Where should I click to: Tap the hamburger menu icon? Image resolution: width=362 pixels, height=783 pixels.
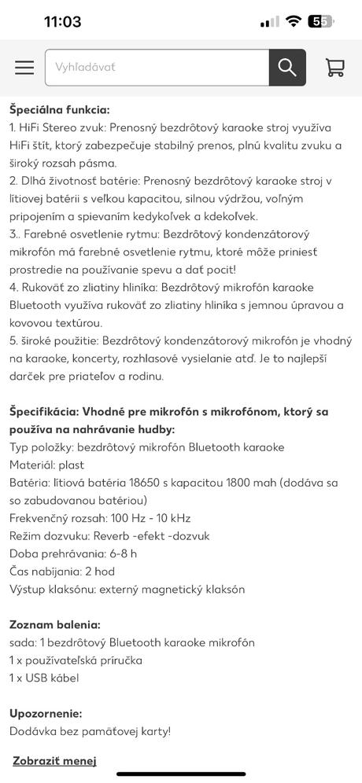[24, 68]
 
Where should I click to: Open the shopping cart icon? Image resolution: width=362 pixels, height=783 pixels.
[335, 68]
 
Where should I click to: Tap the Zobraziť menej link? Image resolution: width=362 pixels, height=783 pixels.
[54, 760]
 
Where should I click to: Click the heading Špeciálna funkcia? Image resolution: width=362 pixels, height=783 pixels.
[60, 109]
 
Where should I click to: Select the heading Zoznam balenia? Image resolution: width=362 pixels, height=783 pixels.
[55, 624]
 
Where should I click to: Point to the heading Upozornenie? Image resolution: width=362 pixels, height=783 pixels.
[46, 713]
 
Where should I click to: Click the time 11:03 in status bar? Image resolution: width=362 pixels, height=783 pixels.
[63, 21]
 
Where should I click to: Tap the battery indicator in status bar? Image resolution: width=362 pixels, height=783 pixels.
[320, 21]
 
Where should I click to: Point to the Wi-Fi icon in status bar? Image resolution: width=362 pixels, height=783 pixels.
[293, 21]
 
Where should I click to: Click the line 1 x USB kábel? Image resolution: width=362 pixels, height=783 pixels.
[44, 678]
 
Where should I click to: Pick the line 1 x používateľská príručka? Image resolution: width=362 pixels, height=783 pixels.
[76, 660]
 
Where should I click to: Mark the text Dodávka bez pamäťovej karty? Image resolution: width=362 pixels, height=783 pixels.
[90, 731]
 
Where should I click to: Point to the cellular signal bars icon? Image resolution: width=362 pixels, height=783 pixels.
[269, 22]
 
